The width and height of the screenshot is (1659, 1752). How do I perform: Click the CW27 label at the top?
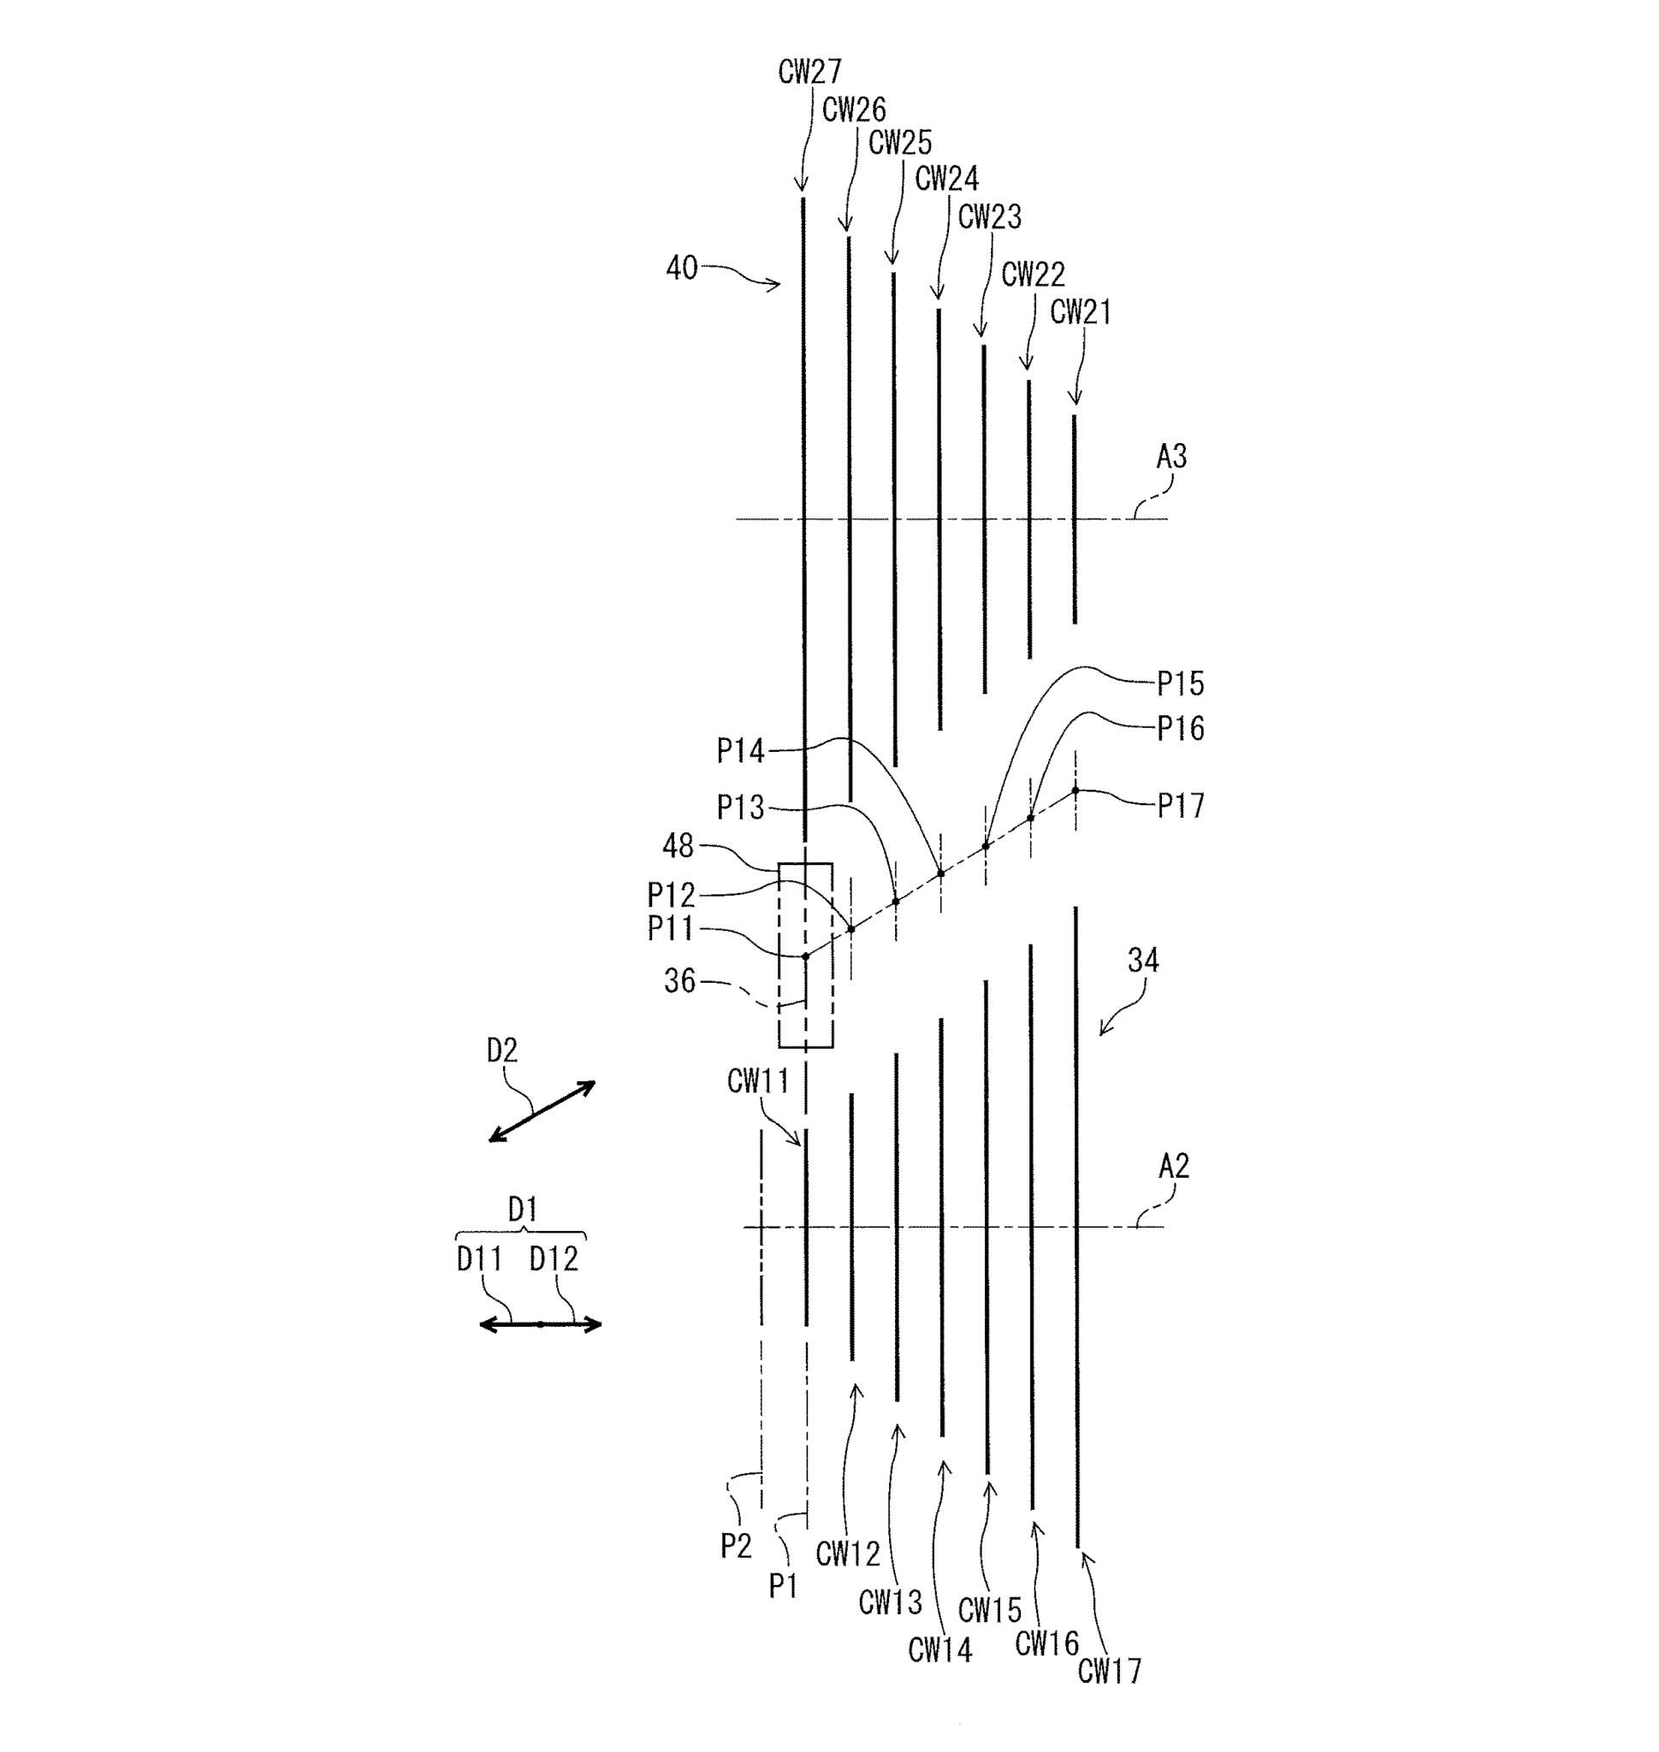(809, 72)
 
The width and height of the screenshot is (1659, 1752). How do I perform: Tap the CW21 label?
(1080, 312)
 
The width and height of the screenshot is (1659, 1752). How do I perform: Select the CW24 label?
(945, 180)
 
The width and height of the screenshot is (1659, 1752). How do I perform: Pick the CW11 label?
(757, 1080)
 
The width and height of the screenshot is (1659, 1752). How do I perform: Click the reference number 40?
(681, 268)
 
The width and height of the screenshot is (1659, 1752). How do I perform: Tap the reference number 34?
(1142, 961)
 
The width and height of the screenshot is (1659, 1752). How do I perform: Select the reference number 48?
(678, 846)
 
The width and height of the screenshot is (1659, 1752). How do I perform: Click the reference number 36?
(679, 981)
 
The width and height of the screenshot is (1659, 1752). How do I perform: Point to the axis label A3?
(1170, 457)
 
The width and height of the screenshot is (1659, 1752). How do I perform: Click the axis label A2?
(1173, 1167)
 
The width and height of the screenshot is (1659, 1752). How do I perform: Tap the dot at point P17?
(1075, 790)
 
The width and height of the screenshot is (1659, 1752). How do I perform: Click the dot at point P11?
(806, 956)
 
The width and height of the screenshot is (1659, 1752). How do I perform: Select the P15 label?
(1180, 684)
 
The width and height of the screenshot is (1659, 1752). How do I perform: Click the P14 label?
(739, 752)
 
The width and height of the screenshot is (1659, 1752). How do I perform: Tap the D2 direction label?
(501, 1051)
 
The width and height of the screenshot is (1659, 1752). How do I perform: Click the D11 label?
(478, 1258)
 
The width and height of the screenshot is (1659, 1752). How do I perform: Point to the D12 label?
(554, 1258)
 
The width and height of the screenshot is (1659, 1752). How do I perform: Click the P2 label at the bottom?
(736, 1545)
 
